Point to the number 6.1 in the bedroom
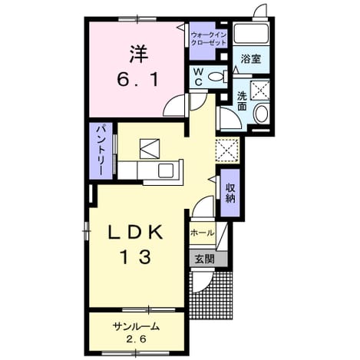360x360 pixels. [138, 79]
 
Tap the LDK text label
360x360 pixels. [136, 233]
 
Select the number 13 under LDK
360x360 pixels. [137, 257]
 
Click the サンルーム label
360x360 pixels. [136, 326]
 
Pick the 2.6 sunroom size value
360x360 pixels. [136, 339]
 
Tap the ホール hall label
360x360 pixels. [202, 233]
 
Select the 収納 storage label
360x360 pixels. [230, 193]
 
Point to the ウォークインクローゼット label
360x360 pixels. [209, 38]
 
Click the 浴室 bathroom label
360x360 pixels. [251, 59]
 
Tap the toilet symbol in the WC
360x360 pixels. [218, 76]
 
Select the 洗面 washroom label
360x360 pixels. [242, 101]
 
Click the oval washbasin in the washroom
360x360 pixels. [261, 114]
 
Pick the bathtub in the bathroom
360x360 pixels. [251, 34]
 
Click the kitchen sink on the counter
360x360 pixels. [166, 170]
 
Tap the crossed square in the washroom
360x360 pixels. [259, 90]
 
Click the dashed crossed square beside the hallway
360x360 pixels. [227, 150]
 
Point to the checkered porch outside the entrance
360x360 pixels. [212, 296]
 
